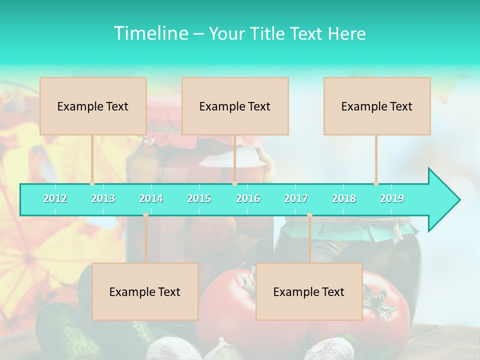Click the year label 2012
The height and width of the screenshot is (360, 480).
pos(55,198)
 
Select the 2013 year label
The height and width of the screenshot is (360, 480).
pos(103,198)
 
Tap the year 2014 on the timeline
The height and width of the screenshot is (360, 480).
pos(151,198)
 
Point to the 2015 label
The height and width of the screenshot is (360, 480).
pos(199,198)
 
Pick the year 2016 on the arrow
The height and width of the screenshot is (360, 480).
pos(248,198)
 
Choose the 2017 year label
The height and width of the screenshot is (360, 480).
pos(296,198)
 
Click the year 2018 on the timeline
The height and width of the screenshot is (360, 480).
pos(344,198)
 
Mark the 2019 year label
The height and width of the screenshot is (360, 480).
pos(392,198)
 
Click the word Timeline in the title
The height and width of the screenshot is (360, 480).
pos(150,33)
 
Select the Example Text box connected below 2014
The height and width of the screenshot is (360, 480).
pos(145,291)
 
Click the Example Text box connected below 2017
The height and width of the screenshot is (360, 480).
pos(309,291)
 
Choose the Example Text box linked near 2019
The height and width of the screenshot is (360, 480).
pos(377,106)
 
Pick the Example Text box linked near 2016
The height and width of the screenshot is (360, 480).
pos(235,106)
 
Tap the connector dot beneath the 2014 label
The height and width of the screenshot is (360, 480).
pos(145,215)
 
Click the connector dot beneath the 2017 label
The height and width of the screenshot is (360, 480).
pos(309,215)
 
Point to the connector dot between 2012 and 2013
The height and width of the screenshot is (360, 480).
pos(92,183)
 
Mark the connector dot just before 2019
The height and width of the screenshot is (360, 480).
pos(376,183)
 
